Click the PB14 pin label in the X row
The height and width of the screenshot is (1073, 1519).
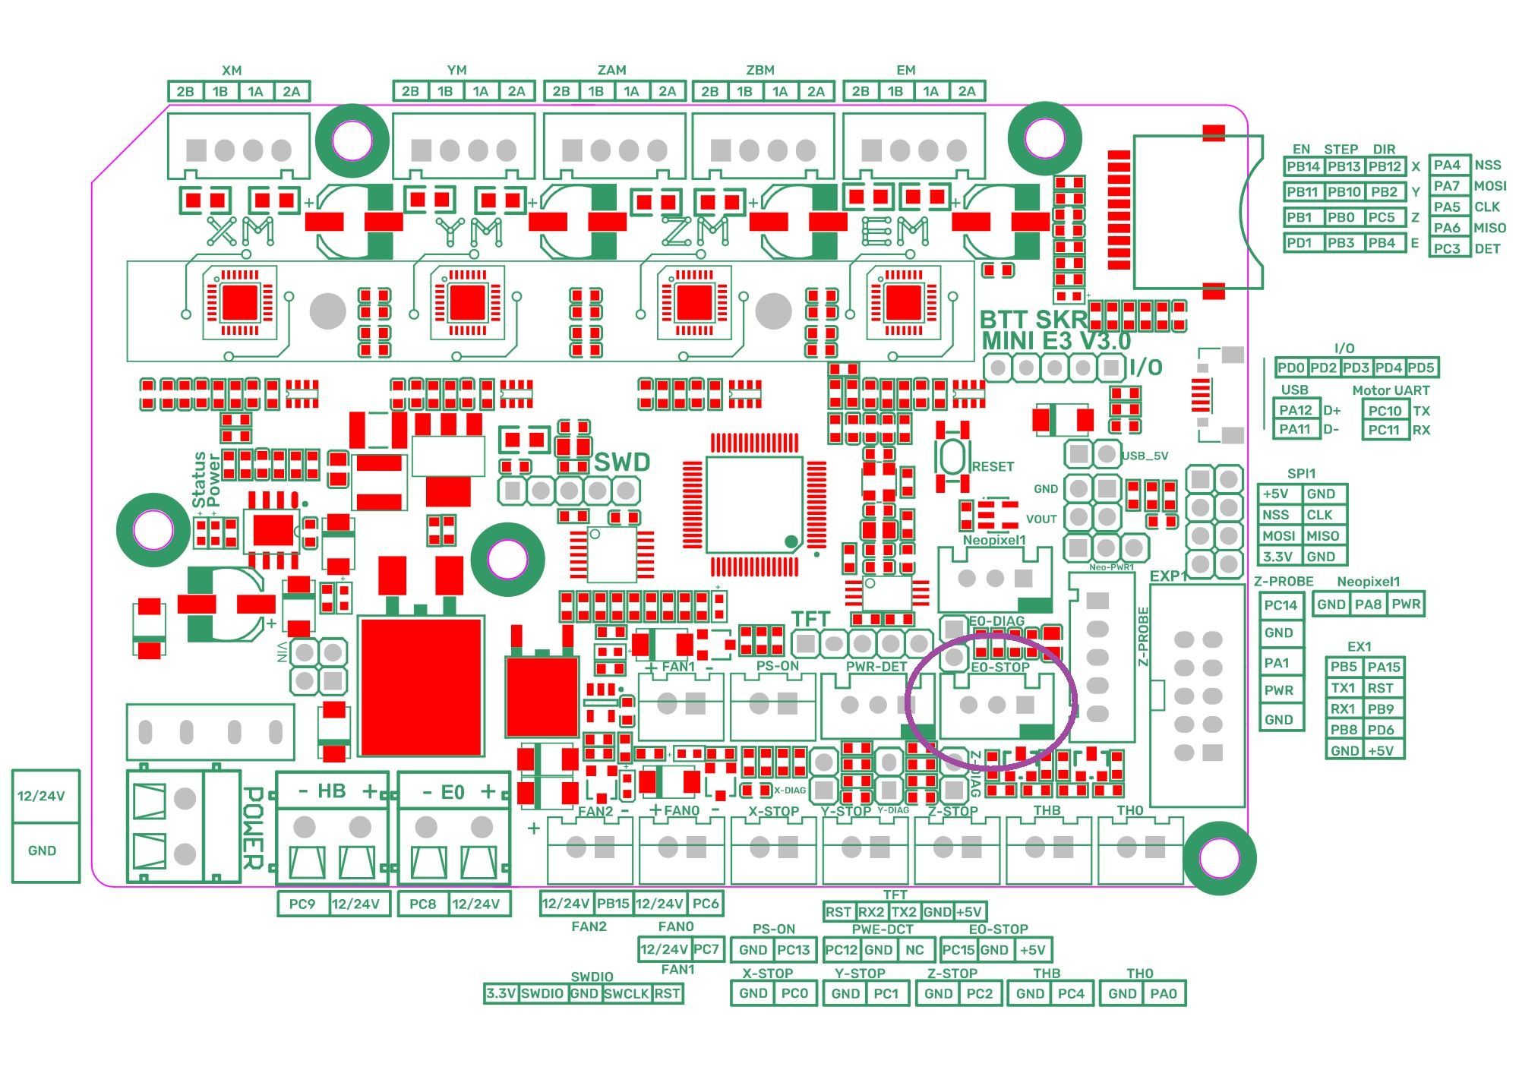click(x=1303, y=166)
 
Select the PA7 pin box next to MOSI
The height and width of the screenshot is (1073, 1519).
click(x=1448, y=185)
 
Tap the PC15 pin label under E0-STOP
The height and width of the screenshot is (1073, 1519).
click(x=958, y=950)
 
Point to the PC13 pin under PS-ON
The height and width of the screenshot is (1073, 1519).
click(x=794, y=950)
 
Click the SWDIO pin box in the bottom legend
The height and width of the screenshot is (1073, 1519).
click(x=542, y=993)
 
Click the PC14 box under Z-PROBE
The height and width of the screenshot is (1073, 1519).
click(x=1281, y=605)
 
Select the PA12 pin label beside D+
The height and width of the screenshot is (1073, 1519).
click(x=1296, y=410)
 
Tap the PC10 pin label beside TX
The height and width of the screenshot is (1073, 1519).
click(x=1385, y=411)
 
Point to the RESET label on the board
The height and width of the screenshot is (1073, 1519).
click(x=993, y=466)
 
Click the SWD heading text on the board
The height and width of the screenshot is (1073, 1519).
click(x=622, y=462)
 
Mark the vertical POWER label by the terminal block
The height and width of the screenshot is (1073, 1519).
click(x=253, y=828)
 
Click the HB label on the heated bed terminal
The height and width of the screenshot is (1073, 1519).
click(x=331, y=791)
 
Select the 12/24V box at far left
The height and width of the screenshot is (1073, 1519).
click(x=42, y=796)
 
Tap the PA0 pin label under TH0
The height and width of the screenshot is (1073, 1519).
click(x=1163, y=993)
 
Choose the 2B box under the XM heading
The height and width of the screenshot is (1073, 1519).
click(x=185, y=92)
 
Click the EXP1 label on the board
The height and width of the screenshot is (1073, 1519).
click(x=1168, y=576)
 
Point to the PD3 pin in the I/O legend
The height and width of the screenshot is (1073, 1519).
click(x=1356, y=368)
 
